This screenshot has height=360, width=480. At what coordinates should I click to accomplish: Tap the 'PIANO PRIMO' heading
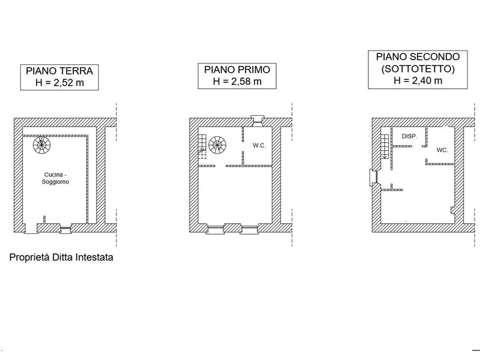(x=238, y=70)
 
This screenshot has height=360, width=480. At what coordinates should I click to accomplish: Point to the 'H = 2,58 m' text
(x=238, y=82)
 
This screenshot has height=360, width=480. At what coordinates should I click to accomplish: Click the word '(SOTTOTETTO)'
(x=418, y=69)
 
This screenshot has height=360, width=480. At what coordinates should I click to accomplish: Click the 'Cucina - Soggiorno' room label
(x=54, y=178)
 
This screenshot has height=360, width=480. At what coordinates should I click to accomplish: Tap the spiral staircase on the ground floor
(x=42, y=144)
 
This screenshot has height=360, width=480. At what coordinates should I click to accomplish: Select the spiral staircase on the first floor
(x=217, y=145)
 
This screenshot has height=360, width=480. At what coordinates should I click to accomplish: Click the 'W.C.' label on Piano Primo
(x=259, y=145)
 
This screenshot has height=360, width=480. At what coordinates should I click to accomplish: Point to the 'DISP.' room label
(x=409, y=137)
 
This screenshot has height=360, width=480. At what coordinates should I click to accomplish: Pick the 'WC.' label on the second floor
(x=442, y=150)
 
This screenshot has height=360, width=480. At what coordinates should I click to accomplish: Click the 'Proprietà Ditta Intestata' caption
(x=62, y=258)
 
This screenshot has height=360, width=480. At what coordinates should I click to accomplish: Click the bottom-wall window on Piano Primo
(x=231, y=228)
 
